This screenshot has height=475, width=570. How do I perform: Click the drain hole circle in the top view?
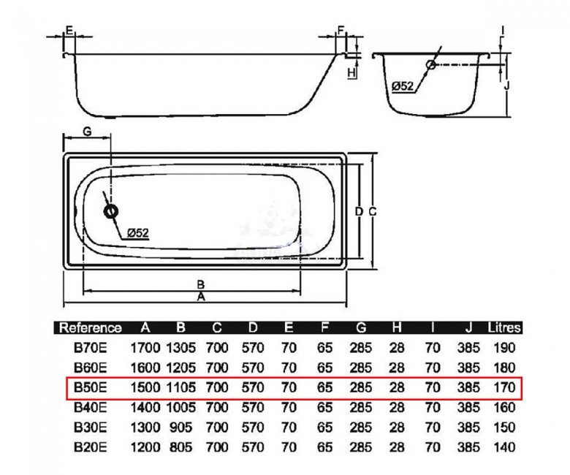(110, 211)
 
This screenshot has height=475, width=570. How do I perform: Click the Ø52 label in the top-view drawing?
(138, 233)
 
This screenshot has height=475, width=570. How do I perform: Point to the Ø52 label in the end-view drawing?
(403, 86)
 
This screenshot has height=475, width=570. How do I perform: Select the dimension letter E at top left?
(69, 30)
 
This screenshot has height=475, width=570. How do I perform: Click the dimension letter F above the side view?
(341, 30)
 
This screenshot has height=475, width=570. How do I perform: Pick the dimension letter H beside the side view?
(351, 73)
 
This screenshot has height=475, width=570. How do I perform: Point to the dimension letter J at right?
(506, 85)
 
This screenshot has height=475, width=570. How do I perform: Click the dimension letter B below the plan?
(201, 284)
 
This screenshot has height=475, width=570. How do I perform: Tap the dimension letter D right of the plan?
(359, 211)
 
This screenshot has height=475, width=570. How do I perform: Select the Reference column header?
(90, 328)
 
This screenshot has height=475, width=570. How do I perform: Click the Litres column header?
(504, 328)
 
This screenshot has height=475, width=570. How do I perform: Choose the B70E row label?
(90, 348)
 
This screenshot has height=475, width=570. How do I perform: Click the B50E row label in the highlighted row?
(90, 387)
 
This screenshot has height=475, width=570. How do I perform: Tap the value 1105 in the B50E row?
(180, 387)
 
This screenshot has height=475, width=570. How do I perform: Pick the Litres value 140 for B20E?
(504, 447)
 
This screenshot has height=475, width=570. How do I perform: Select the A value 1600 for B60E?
(145, 368)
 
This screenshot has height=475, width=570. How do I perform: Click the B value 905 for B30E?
(180, 427)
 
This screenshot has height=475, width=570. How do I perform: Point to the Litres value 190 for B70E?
(504, 348)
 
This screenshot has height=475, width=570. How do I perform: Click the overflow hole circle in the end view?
(431, 65)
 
